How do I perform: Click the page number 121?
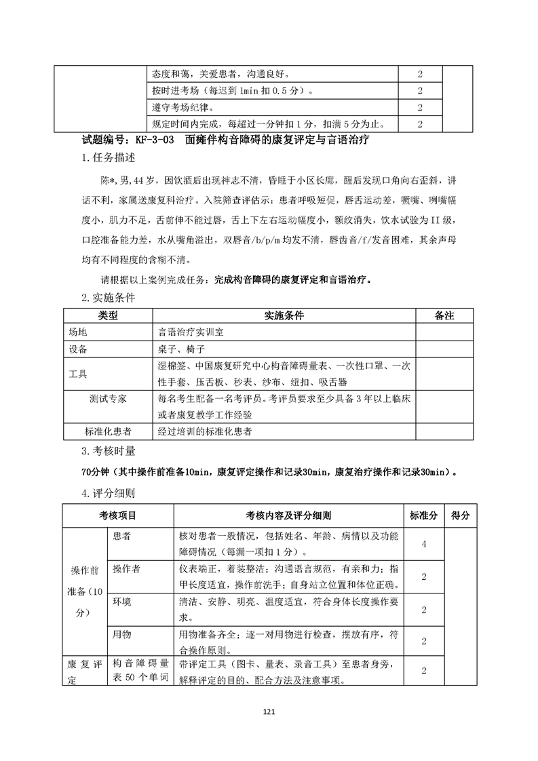tap(269, 712)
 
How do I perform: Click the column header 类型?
tap(108, 316)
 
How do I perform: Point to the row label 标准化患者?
tap(108, 431)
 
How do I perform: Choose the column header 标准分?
tap(423, 515)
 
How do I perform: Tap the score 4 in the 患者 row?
tap(423, 544)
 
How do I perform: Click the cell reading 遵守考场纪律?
tap(187, 107)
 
